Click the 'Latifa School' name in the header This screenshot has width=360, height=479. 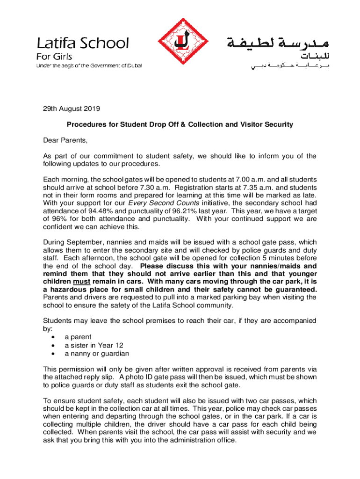(x=83, y=44)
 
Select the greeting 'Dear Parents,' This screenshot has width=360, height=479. (x=65, y=140)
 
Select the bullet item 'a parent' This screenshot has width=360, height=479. (x=78, y=337)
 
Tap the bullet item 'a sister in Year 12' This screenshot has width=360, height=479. (x=94, y=345)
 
